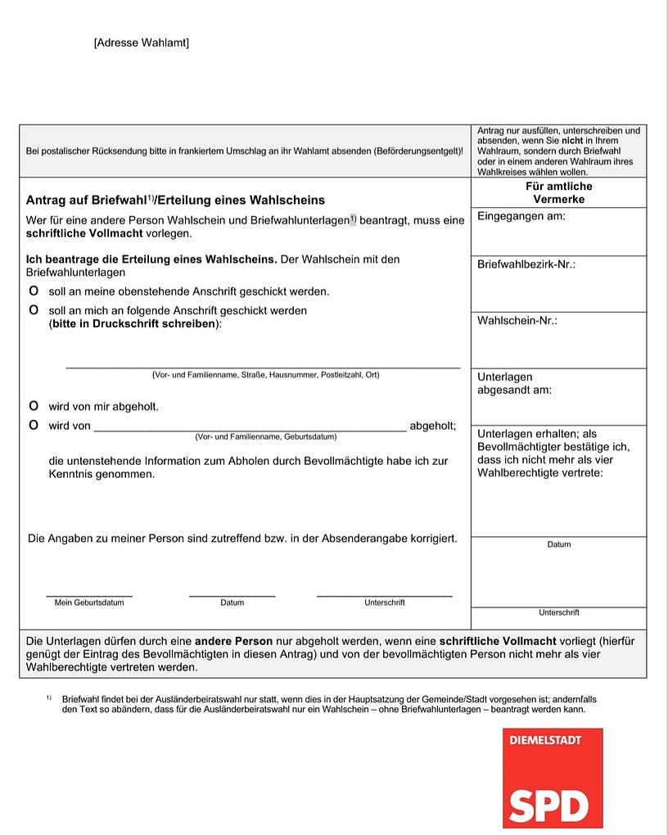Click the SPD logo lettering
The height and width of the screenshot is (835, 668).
pos(548,806)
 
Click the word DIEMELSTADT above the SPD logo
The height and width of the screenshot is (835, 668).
pos(545,741)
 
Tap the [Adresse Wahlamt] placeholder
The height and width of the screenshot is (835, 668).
pos(142,43)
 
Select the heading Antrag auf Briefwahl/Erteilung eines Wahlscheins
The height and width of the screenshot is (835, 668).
pos(175,200)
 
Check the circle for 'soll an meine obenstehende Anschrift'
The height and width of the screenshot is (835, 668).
pos(34,291)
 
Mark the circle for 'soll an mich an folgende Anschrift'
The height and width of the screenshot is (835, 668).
pos(34,310)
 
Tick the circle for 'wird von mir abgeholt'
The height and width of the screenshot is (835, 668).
pos(34,406)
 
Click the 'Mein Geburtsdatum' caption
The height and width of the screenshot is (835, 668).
pos(89,603)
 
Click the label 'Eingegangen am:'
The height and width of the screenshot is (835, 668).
pos(521,217)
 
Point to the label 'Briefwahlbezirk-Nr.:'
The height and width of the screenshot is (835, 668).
pos(526,265)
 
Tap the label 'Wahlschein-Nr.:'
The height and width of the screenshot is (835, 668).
pos(517,321)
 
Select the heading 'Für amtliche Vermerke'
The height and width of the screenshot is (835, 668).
pos(558,192)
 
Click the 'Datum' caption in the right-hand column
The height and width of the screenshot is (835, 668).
pos(559,544)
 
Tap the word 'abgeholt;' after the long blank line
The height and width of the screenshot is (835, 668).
pos(432,426)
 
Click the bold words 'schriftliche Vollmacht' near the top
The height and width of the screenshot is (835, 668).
pos(83,233)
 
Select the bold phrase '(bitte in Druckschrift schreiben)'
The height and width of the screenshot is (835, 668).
pos(134,323)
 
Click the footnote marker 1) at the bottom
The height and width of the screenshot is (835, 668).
pos(49,698)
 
